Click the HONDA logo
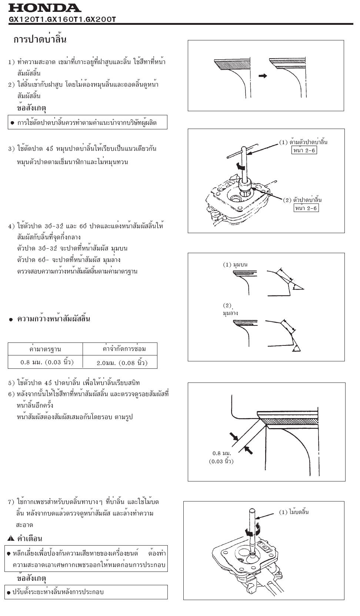(x=44, y=8)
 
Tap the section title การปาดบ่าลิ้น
(x=40, y=40)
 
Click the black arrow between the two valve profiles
(x=263, y=76)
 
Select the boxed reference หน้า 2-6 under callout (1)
(x=304, y=150)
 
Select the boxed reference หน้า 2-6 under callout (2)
(x=306, y=208)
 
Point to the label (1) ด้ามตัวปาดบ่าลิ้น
(x=303, y=142)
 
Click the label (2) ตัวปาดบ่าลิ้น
(x=302, y=200)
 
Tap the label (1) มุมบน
(x=235, y=265)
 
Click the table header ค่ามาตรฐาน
(x=45, y=349)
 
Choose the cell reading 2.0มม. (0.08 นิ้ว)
(x=122, y=362)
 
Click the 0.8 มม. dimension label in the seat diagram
(x=221, y=453)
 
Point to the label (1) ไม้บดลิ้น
(x=294, y=512)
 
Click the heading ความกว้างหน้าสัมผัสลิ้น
(x=54, y=319)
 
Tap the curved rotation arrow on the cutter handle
(x=241, y=168)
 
